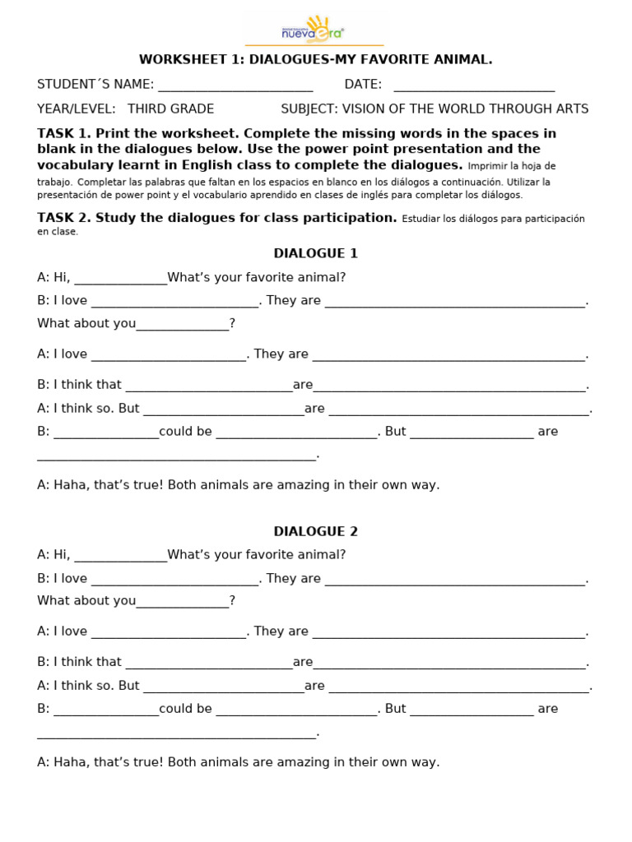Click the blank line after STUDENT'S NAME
coord(235,85)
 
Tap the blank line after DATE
coord(474,85)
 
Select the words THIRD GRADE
coord(170,109)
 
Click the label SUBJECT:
coord(309,109)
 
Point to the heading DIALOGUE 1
coord(315,253)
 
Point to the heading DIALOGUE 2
coord(315,531)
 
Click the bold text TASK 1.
coord(64,133)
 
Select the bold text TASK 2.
coord(64,218)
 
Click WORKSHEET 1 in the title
coord(185,59)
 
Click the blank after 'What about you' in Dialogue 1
coord(182,325)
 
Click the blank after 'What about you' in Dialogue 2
coord(182,602)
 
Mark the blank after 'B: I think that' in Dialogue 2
coord(208,663)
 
